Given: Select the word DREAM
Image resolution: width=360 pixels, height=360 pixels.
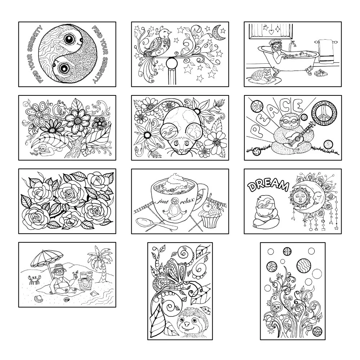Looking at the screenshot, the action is coord(268,186).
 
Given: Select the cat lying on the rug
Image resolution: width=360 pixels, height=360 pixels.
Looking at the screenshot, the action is coord(263,75).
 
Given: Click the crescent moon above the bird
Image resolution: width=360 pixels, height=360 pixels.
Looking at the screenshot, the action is coord(216,32).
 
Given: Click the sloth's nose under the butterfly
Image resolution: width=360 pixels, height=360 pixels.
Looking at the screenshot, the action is coord(188,324).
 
